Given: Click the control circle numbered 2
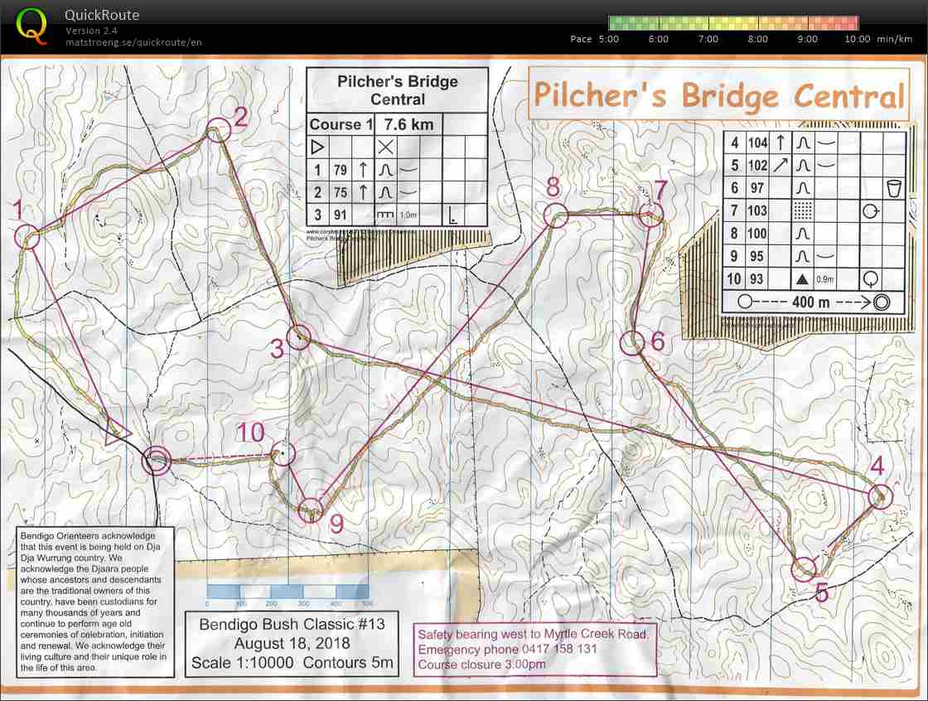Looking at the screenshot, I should tap(218, 129).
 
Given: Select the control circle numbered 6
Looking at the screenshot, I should tap(632, 341).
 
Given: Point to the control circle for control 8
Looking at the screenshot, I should tap(554, 215).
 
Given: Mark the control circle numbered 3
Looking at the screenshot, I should tap(298, 337).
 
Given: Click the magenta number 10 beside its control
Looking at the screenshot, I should tap(250, 432).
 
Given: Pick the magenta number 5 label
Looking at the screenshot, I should tap(821, 592).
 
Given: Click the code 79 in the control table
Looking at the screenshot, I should tap(340, 170).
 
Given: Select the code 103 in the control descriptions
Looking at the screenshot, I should tap(756, 211).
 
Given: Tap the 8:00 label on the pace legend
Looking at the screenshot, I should tap(757, 39).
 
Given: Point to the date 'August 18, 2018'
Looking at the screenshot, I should tap(292, 643).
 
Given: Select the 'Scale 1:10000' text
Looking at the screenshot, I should tap(242, 663).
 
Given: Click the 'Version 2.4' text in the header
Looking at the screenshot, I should tap(91, 31).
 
